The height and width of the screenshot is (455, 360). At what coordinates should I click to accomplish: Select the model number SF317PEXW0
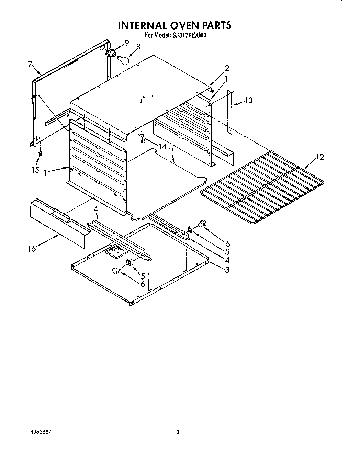[190, 35]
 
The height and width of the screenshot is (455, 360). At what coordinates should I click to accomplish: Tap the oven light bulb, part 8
[124, 60]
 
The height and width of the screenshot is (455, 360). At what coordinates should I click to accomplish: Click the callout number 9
[127, 43]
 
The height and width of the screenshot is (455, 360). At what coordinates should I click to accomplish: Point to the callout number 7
[30, 64]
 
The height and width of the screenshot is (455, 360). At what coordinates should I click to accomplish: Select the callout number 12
[319, 157]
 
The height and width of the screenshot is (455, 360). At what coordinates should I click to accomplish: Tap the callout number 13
[249, 100]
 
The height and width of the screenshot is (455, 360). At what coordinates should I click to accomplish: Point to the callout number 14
[162, 147]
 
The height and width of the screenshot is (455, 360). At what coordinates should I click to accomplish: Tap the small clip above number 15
[40, 153]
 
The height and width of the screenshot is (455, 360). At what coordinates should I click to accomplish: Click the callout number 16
[32, 248]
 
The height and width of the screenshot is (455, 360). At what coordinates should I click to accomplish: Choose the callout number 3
[227, 270]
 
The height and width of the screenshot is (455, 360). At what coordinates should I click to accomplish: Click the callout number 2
[227, 68]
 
